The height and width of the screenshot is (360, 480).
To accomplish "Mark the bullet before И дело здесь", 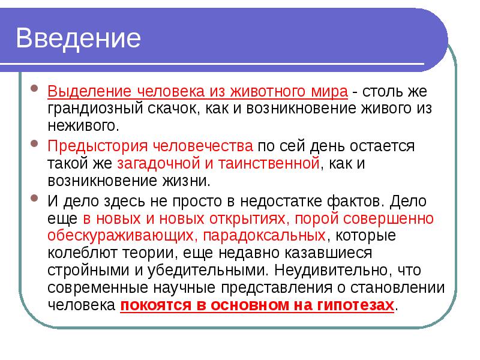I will coord(35,200).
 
